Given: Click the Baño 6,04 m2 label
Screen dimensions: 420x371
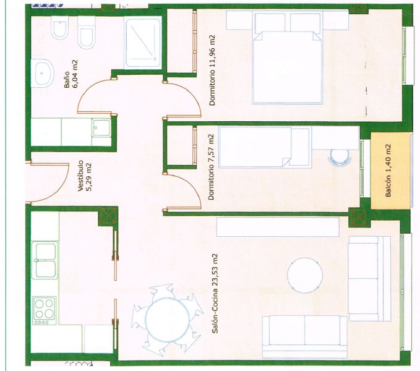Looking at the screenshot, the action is (71, 74).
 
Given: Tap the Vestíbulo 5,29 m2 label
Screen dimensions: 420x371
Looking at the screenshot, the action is (85, 176).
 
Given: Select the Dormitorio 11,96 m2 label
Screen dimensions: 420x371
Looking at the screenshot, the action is (212, 70).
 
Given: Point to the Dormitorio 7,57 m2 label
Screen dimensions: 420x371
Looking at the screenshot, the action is (212, 167).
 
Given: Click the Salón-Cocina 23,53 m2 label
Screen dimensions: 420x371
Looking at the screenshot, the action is (215, 293).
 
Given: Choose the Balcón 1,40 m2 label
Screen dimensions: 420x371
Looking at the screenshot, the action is (388, 171).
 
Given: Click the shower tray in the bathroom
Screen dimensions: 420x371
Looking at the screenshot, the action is (144, 43).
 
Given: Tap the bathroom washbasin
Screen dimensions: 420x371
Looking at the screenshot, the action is (42, 73).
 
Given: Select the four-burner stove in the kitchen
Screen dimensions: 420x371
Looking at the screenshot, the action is (45, 310).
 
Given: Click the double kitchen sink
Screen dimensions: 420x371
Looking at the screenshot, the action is (45, 260).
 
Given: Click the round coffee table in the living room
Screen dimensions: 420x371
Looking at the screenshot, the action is (304, 275).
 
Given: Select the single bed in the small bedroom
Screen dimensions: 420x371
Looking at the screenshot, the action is (265, 147).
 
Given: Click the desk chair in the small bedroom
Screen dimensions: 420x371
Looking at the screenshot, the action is (340, 156).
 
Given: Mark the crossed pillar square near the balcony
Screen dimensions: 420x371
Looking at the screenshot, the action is (358, 218).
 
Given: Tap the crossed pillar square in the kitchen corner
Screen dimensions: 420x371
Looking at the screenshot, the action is (107, 216).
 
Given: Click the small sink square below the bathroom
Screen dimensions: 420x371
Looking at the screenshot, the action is (101, 128).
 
